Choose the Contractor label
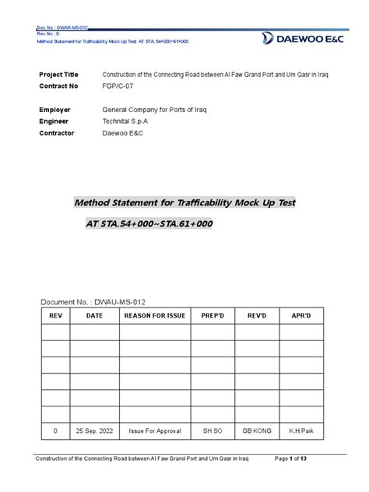[57, 134]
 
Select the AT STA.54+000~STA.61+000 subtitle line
[149, 223]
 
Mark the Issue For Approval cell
[154, 430]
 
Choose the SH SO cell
[213, 430]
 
